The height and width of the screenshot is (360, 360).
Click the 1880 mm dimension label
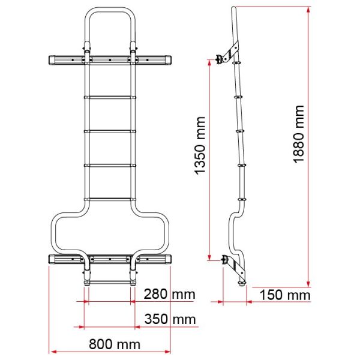299,134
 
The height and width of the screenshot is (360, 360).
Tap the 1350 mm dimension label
200,146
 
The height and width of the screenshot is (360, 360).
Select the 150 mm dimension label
285,295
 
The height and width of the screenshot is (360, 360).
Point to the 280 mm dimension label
170,294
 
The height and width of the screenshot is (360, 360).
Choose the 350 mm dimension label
170,319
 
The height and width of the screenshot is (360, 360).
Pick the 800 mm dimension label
115,344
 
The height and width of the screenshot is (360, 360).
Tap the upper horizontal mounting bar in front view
110,60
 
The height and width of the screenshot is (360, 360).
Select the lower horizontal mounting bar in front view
110,259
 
